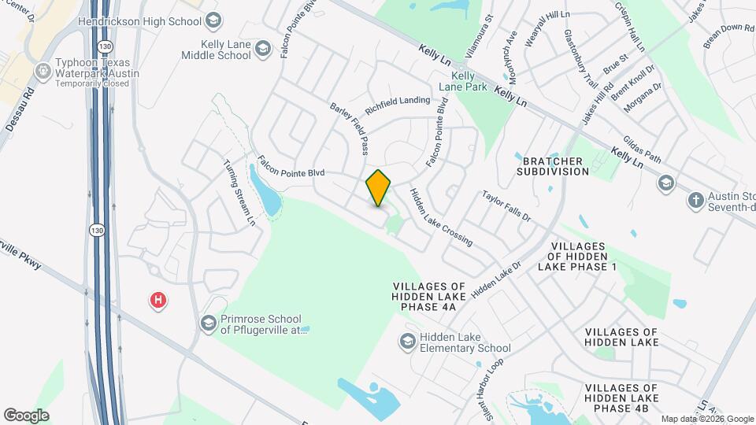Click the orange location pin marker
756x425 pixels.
[x=379, y=187]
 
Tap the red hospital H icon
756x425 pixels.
[x=158, y=300]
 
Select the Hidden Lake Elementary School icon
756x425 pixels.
[x=407, y=341]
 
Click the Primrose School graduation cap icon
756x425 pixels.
[x=209, y=323]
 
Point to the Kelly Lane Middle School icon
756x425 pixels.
[x=263, y=50]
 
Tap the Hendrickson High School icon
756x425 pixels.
[x=211, y=21]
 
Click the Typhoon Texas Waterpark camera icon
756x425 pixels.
[x=42, y=72]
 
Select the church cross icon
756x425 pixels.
[x=695, y=201]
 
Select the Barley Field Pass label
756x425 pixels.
[x=350, y=128]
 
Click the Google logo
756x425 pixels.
[x=26, y=415]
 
